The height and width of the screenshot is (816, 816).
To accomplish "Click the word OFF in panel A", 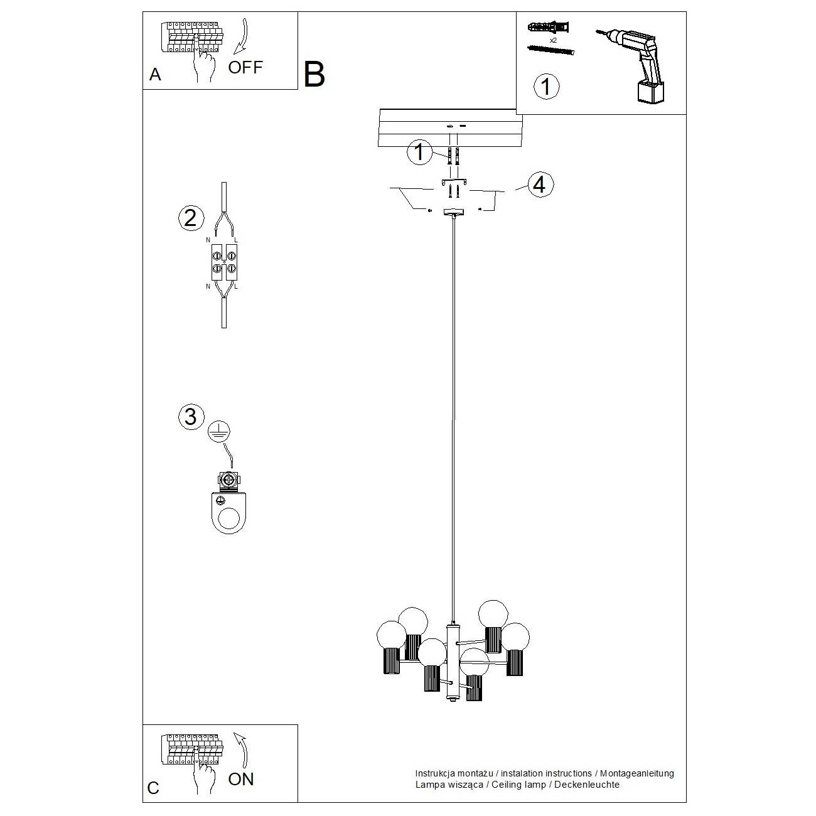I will click(245, 67).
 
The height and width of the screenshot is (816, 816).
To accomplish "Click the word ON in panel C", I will click(241, 779).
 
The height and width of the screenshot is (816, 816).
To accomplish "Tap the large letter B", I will click(314, 75).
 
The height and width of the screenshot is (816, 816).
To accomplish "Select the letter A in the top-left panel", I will click(155, 75).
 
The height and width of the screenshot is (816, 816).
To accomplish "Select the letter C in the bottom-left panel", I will click(153, 788).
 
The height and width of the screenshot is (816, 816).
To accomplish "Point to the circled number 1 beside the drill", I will click(545, 86).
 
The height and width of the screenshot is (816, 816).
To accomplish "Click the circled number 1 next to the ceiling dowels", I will click(419, 153).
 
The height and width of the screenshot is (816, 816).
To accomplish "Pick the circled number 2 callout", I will click(191, 218).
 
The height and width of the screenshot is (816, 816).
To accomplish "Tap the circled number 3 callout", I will click(191, 416).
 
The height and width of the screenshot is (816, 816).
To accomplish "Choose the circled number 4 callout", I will click(540, 185).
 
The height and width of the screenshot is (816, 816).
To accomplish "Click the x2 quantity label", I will click(553, 40).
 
